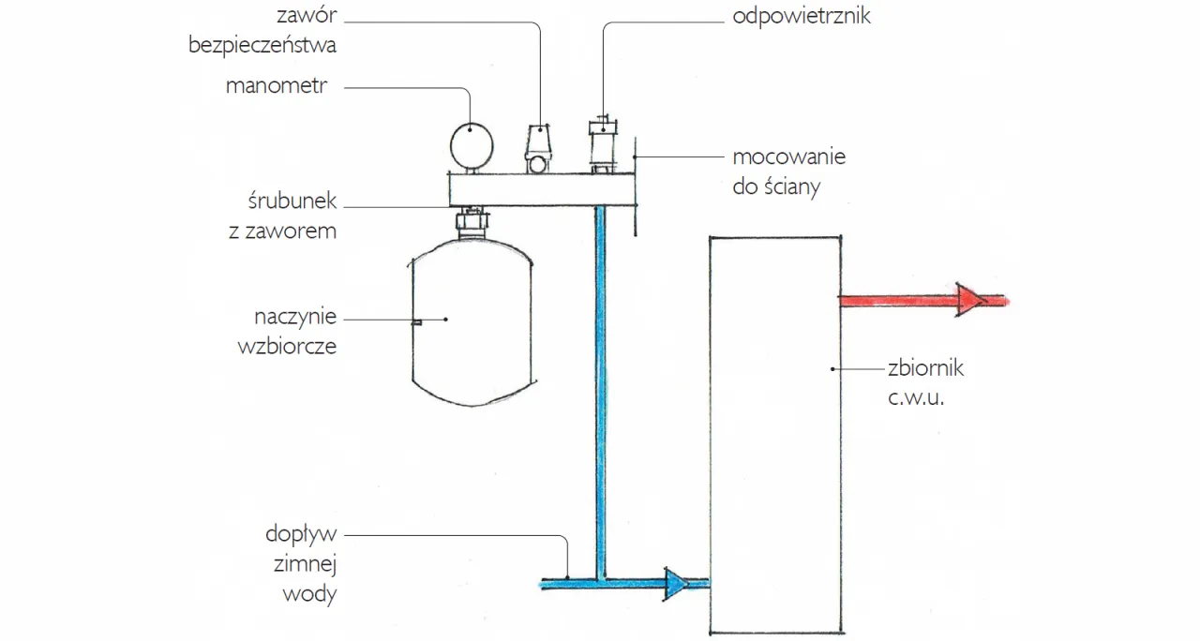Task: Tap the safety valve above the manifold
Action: (x=537, y=147)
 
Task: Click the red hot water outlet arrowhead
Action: (x=969, y=301)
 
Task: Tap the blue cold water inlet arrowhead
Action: (x=676, y=583)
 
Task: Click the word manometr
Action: (x=279, y=86)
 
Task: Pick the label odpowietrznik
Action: (x=801, y=17)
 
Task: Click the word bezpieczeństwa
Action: (x=262, y=45)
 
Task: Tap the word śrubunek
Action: (x=287, y=202)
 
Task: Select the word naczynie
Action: (x=294, y=317)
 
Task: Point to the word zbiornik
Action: (x=924, y=368)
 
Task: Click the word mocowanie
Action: (x=788, y=157)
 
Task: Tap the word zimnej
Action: (x=305, y=565)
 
